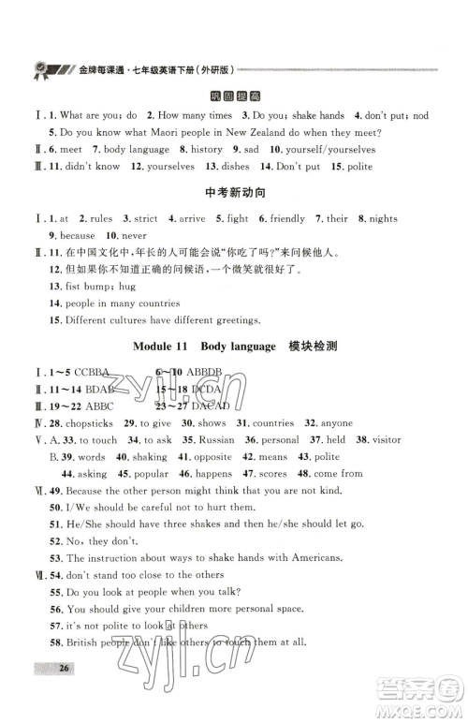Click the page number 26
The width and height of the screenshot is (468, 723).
tap(38, 694)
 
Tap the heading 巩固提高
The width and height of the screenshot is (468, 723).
tap(233, 96)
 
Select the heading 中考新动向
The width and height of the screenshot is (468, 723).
tap(233, 194)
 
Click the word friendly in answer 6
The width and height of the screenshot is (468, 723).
tap(287, 219)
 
